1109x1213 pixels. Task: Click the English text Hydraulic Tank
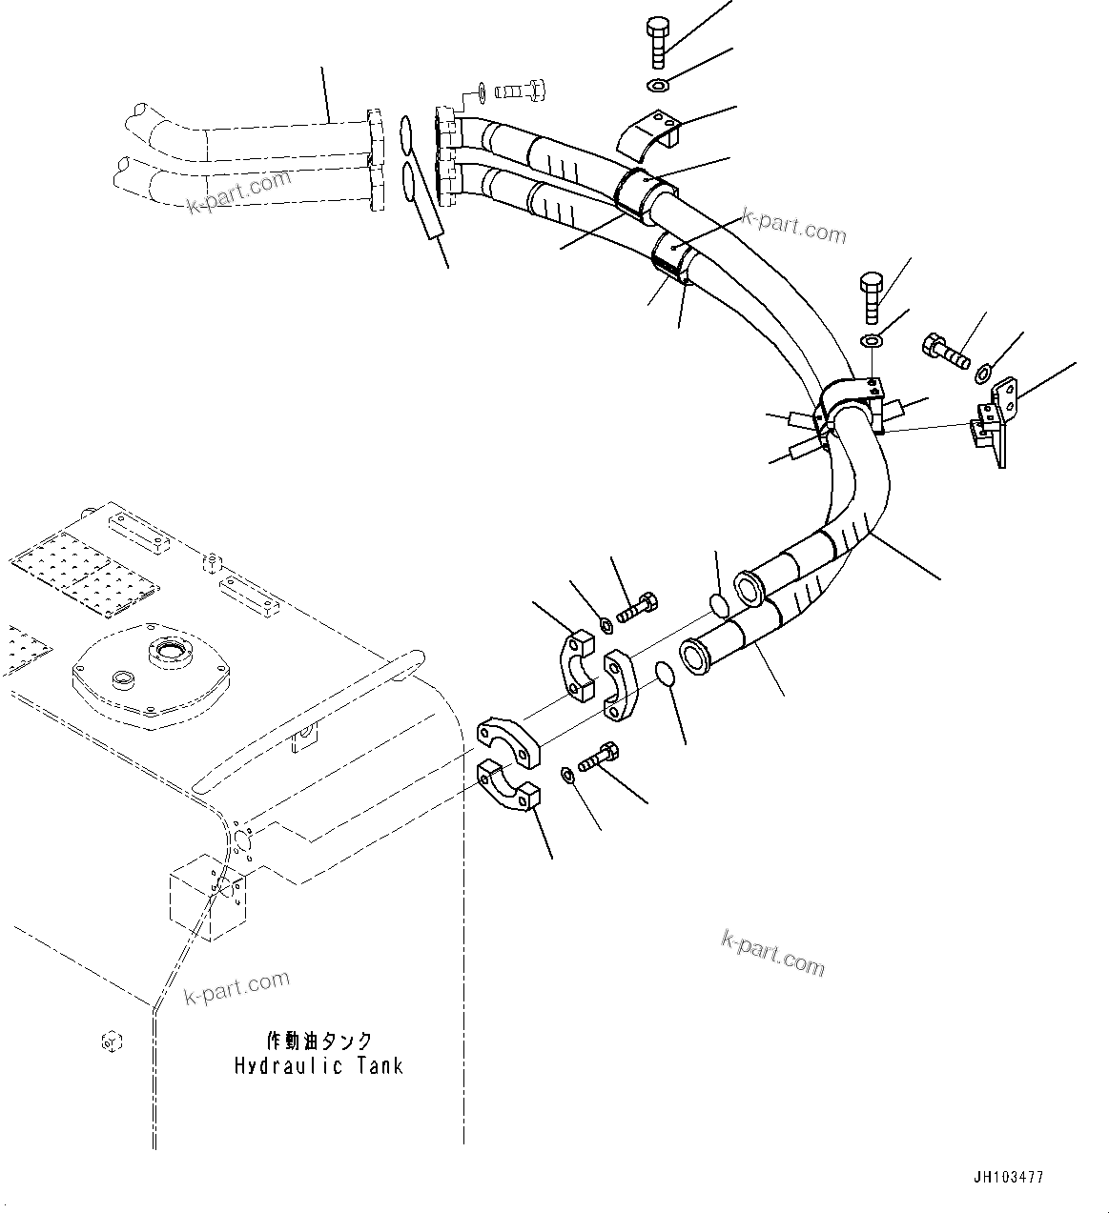(318, 1065)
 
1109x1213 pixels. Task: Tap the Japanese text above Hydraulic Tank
(319, 1041)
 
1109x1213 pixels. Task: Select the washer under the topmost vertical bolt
(658, 87)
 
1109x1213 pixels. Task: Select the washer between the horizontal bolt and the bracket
(984, 372)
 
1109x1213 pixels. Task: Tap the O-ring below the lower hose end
(667, 676)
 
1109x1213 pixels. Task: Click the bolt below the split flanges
(598, 759)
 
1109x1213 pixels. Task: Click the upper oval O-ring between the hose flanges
(406, 133)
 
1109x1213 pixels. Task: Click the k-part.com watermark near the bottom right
(772, 953)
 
